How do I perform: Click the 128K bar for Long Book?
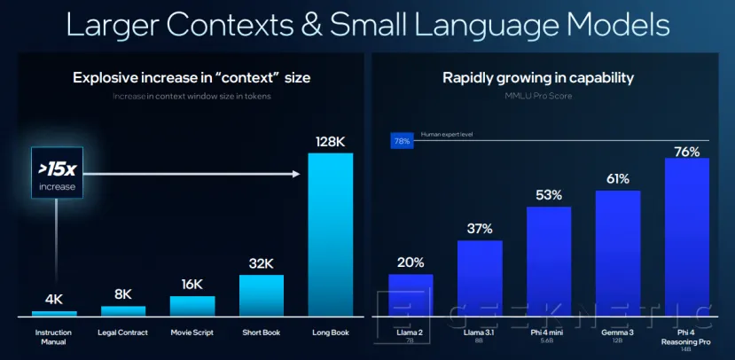point(330,234)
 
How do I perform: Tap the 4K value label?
point(54,299)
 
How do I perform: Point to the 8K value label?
point(123,293)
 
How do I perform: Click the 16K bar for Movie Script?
point(192,306)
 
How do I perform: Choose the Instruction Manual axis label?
point(54,337)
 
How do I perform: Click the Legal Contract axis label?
point(123,333)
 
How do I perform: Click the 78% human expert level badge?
point(402,140)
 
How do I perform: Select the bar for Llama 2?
point(411,295)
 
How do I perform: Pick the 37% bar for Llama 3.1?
point(480,278)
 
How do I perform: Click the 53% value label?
point(549,194)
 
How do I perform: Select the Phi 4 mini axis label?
point(549,333)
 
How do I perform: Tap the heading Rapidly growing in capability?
point(537,78)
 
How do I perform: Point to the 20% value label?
point(411,262)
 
